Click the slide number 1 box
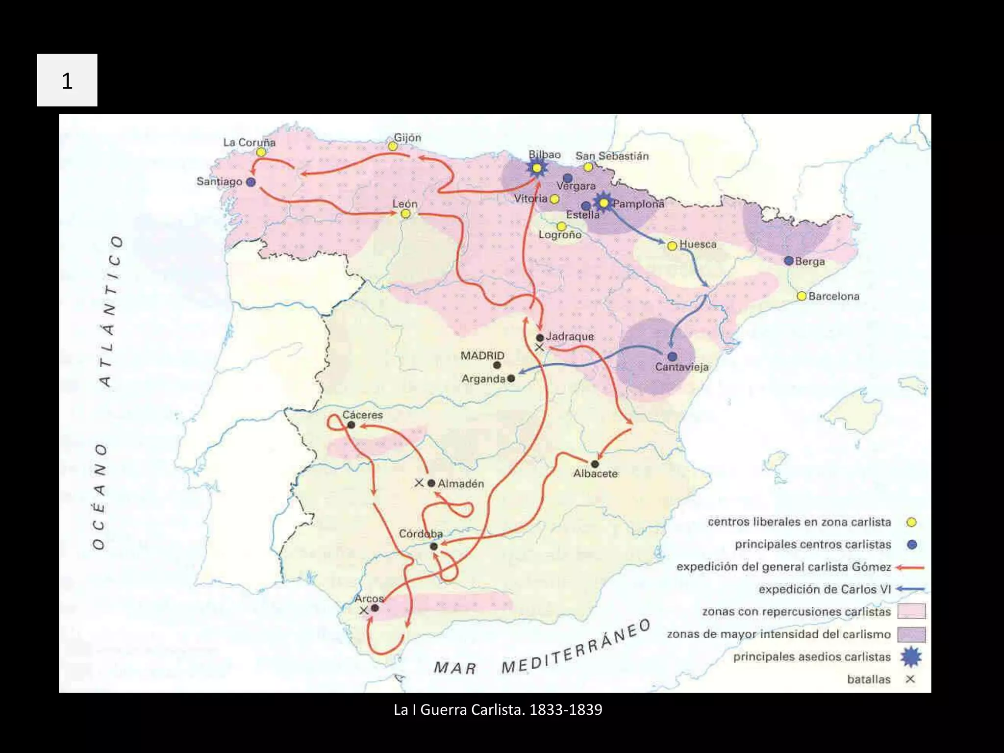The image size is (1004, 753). (x=67, y=80)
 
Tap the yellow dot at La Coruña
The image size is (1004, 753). (x=261, y=152)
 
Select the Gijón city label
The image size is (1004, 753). (x=407, y=138)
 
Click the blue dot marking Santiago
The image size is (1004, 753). (x=251, y=182)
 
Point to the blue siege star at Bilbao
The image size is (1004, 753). (x=537, y=168)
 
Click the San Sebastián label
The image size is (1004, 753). (x=612, y=156)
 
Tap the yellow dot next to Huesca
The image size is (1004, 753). (x=672, y=246)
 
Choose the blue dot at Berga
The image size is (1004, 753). (x=788, y=261)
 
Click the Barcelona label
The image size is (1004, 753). (x=833, y=296)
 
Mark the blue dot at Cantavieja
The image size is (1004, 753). (x=672, y=356)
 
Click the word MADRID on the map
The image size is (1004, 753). (x=482, y=355)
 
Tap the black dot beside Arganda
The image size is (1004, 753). (x=511, y=378)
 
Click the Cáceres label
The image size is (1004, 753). (x=362, y=415)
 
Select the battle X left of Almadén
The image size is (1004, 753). (x=419, y=483)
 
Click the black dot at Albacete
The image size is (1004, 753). (x=595, y=464)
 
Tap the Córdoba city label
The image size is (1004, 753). (x=421, y=533)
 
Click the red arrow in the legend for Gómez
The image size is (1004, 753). (x=910, y=567)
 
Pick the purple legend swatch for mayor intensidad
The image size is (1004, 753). (x=911, y=634)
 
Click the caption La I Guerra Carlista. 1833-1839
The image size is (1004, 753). (x=498, y=709)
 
